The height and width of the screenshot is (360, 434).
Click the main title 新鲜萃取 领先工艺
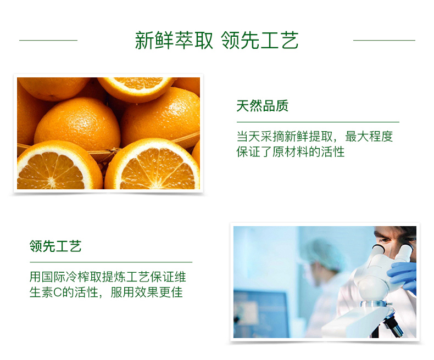point(216,41)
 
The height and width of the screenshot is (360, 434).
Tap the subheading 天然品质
point(263,106)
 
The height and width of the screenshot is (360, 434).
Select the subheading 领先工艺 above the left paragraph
point(55,246)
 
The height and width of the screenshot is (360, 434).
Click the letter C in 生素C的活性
point(57,292)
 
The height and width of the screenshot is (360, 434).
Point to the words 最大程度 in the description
point(369,136)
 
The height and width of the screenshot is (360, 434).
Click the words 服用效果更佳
point(147,292)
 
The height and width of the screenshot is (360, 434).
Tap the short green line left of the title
point(48,41)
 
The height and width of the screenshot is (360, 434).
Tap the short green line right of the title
point(384,41)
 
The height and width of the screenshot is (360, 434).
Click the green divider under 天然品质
point(318,122)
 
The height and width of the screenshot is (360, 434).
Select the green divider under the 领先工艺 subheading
point(111,262)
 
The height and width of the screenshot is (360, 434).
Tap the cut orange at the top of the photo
point(136,88)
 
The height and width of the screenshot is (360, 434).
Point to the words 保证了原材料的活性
point(291,152)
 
